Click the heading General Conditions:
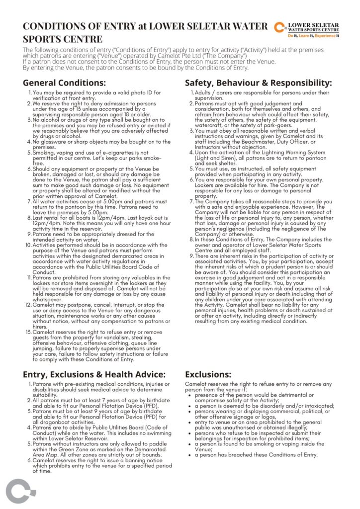65,83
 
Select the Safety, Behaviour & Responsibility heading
258,83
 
